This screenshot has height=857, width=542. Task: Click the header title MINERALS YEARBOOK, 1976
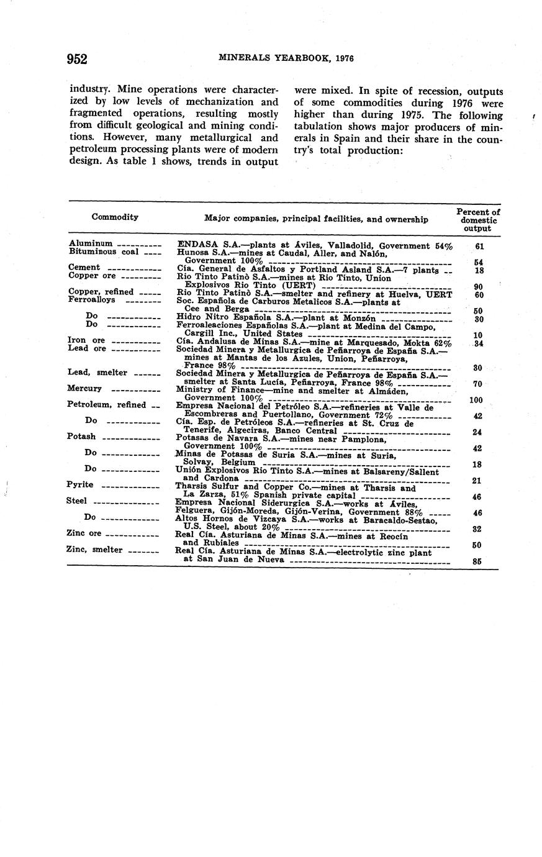286,58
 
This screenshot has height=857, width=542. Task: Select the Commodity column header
115,217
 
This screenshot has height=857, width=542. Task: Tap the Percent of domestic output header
478,220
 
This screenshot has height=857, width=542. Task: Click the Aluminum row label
91,244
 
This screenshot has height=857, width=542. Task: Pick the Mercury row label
84,389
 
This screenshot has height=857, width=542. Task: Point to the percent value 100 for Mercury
477,401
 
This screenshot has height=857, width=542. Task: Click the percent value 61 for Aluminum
479,247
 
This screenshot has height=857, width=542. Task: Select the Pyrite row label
80,484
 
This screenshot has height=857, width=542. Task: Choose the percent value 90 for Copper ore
478,287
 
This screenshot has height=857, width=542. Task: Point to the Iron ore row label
86,340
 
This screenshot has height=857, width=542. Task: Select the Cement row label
84,268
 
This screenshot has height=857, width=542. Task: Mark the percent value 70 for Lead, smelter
478,384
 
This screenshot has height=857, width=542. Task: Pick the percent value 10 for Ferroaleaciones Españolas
478,335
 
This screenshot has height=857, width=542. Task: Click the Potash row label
81,437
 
